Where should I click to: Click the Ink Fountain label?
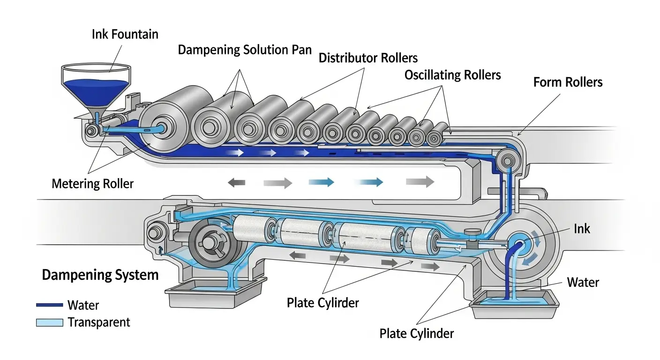coord(125,34)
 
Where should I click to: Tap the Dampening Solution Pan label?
coord(245,50)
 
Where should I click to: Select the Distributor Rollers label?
coord(368,58)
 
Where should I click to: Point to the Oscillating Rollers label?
coord(452,75)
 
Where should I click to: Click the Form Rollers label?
coord(568,82)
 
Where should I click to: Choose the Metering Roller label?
coord(92,183)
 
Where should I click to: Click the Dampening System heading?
coord(100,275)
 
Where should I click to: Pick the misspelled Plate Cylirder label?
coord(322,303)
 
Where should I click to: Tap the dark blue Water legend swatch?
coord(49,305)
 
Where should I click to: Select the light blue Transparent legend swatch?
coord(49,322)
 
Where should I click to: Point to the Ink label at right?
coord(582,229)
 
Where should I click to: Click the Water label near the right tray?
coord(583,282)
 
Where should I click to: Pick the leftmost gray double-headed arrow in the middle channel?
coord(237,182)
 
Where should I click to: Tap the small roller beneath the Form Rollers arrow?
coord(506,161)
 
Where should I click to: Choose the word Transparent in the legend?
coord(99,322)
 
